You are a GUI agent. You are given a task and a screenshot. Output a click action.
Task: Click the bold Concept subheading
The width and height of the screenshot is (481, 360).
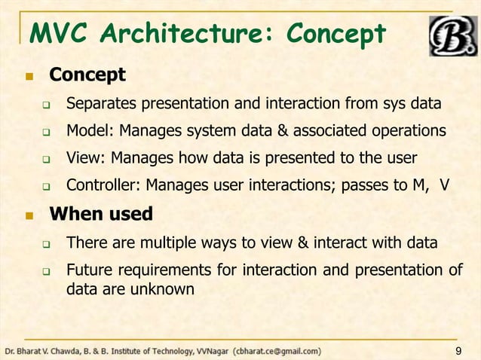(87, 75)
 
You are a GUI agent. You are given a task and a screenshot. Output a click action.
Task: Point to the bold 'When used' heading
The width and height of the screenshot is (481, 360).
(101, 214)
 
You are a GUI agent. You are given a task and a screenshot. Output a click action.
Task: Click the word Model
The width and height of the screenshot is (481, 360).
(87, 130)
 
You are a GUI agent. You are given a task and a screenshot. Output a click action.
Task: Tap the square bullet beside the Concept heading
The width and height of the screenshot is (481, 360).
(29, 77)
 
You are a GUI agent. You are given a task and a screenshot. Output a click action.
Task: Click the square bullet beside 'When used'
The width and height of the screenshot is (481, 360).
(29, 215)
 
